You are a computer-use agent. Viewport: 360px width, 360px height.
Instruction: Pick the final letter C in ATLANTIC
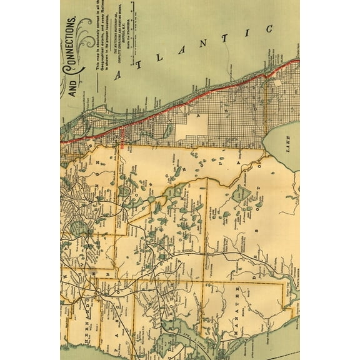pos(271,29)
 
